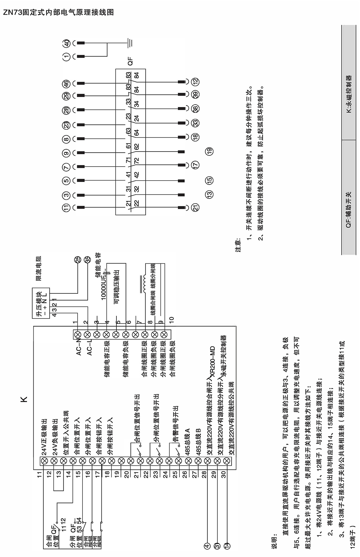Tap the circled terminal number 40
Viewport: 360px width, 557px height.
coord(67,43)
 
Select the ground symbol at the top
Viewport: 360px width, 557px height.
coord(130,43)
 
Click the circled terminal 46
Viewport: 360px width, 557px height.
coord(67,83)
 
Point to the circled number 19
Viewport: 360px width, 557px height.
coord(209,151)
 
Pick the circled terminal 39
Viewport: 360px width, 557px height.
coord(196,94)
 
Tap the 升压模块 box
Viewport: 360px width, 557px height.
coord(41,303)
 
